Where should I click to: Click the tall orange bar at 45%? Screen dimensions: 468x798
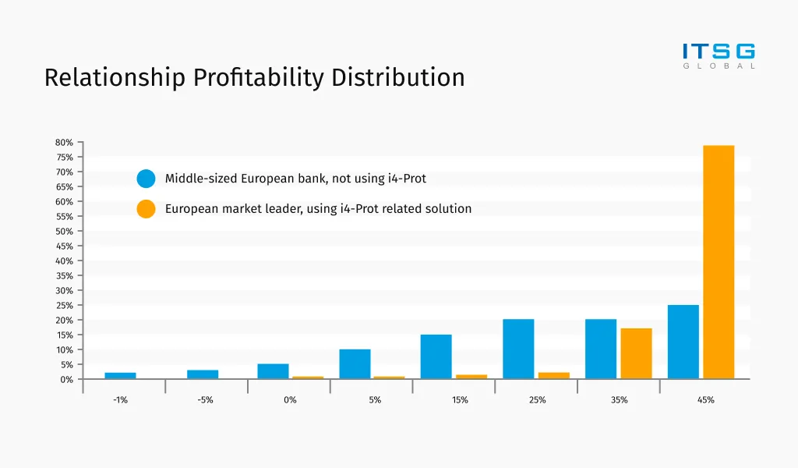718,262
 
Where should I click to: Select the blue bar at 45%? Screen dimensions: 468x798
683,342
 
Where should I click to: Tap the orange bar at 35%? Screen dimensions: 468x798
636,353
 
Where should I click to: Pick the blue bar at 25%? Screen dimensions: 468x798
518,349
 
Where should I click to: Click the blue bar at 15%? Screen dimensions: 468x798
436,356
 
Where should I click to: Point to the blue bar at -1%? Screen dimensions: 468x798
120,375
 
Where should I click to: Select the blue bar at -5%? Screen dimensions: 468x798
203,374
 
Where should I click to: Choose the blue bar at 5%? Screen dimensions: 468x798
355,363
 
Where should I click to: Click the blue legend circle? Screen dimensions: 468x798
146,179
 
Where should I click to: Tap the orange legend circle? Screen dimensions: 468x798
146,209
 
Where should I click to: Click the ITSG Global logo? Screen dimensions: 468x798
719,55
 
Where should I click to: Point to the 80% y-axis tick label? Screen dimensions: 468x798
64,143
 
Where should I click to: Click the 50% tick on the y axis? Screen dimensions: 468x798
64,232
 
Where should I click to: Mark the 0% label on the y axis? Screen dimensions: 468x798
66,379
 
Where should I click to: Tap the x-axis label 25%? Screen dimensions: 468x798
537,400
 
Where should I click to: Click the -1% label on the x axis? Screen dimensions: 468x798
120,400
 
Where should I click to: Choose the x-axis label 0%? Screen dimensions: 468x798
290,400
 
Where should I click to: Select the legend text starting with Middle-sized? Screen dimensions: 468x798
295,179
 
